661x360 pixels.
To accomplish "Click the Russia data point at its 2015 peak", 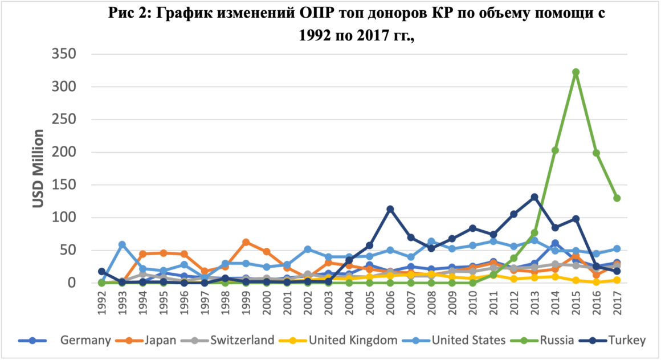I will click(x=576, y=72).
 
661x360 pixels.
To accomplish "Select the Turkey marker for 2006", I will click(x=390, y=209).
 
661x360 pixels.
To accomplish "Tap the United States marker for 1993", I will click(x=122, y=244).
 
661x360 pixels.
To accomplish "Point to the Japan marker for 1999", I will click(x=246, y=242).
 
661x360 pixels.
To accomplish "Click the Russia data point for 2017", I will click(x=617, y=198).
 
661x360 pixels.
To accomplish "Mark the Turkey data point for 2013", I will click(x=534, y=197).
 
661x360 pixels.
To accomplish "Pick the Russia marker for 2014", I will click(x=555, y=150).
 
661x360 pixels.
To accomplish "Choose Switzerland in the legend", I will click(x=242, y=341).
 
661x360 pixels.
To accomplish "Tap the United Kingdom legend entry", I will click(x=353, y=341).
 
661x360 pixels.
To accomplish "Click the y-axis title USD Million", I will click(x=38, y=169).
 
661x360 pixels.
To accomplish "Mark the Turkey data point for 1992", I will click(x=101, y=272).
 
